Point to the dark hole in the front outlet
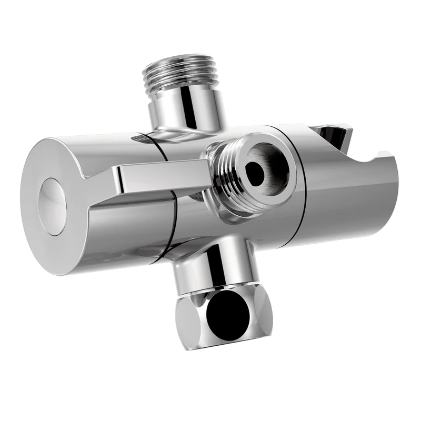point(255,173)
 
